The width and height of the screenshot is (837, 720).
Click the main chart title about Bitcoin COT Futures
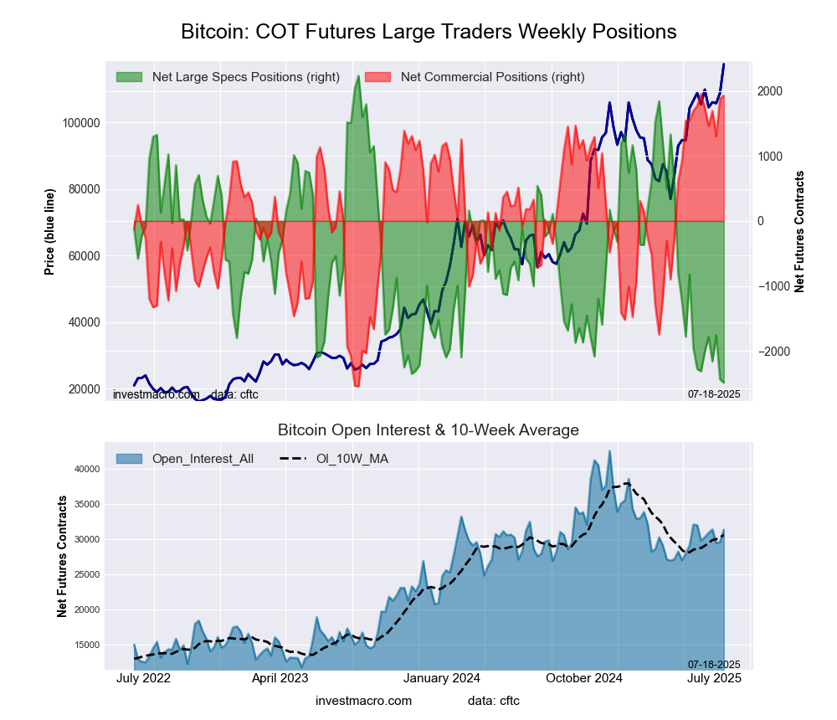[429, 32]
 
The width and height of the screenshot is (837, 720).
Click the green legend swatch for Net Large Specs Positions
[129, 77]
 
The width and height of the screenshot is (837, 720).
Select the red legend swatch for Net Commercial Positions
[377, 77]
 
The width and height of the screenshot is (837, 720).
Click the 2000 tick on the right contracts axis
[772, 91]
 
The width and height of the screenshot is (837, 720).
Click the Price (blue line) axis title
[50, 232]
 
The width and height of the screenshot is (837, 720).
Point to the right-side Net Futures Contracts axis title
[799, 232]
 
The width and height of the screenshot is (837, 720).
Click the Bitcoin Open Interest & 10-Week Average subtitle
[429, 430]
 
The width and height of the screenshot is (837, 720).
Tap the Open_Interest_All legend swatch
[129, 459]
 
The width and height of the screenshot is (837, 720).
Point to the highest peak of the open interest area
[609, 451]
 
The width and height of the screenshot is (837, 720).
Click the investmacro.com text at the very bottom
[363, 701]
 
